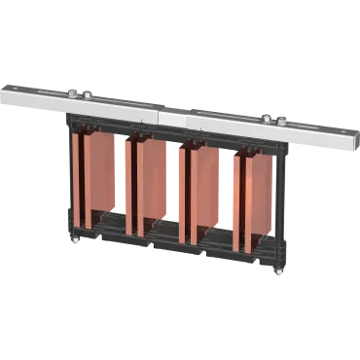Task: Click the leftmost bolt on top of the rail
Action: [73, 93]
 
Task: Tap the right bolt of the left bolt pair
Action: [87, 95]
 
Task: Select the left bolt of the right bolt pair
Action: [266, 119]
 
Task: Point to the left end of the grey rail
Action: [5, 91]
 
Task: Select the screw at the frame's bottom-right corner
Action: [279, 270]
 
